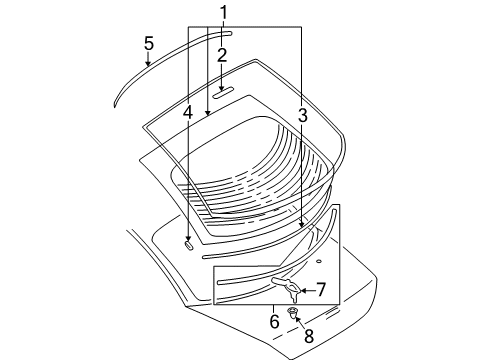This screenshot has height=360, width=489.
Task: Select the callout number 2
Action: [223, 55]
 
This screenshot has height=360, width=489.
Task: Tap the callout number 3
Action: [302, 118]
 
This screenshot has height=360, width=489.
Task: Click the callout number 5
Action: [148, 45]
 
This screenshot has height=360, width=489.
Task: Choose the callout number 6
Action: [274, 320]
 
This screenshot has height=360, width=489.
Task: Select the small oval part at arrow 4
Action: [188, 242]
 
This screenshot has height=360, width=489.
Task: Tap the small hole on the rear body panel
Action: [318, 261]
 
